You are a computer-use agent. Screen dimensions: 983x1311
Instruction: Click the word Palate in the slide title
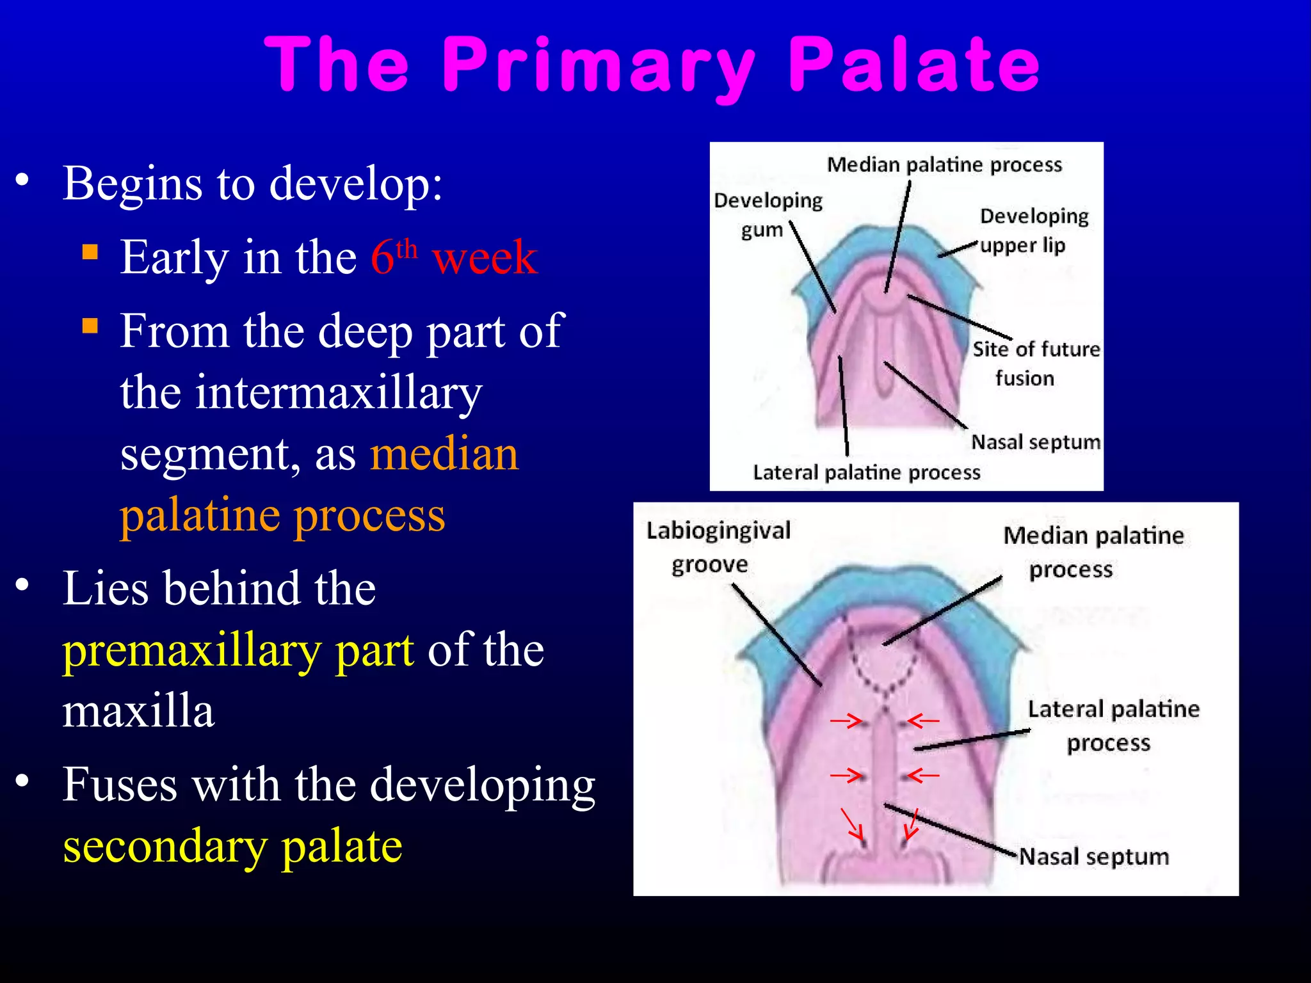pyautogui.click(x=913, y=64)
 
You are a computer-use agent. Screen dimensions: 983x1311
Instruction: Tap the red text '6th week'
pyautogui.click(x=453, y=257)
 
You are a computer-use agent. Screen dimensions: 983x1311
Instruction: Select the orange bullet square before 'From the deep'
pyautogui.click(x=90, y=326)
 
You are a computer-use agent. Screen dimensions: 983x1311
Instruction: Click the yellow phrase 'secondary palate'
pyautogui.click(x=232, y=847)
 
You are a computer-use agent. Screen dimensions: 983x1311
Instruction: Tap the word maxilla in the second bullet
pyautogui.click(x=138, y=712)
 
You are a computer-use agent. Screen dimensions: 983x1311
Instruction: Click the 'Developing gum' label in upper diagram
pyautogui.click(x=768, y=214)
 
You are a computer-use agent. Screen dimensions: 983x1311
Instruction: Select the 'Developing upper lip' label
pyautogui.click(x=1033, y=230)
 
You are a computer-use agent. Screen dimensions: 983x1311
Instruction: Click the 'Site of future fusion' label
pyautogui.click(x=1035, y=364)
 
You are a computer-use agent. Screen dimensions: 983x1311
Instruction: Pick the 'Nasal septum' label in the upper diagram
pyautogui.click(x=1035, y=442)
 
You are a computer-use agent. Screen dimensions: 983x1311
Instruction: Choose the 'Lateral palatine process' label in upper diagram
pyautogui.click(x=866, y=472)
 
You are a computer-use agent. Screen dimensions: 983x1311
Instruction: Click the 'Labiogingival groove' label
pyautogui.click(x=718, y=547)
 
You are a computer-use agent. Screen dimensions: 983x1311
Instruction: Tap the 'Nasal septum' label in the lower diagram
pyautogui.click(x=1093, y=856)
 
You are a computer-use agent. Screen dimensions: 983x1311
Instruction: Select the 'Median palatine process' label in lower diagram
pyautogui.click(x=1093, y=552)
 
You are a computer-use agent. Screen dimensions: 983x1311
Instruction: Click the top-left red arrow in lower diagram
pyautogui.click(x=846, y=721)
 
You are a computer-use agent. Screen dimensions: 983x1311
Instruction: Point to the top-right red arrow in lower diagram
pyautogui.click(x=923, y=721)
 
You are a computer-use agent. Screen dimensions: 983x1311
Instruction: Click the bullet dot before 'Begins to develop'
pyautogui.click(x=22, y=180)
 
